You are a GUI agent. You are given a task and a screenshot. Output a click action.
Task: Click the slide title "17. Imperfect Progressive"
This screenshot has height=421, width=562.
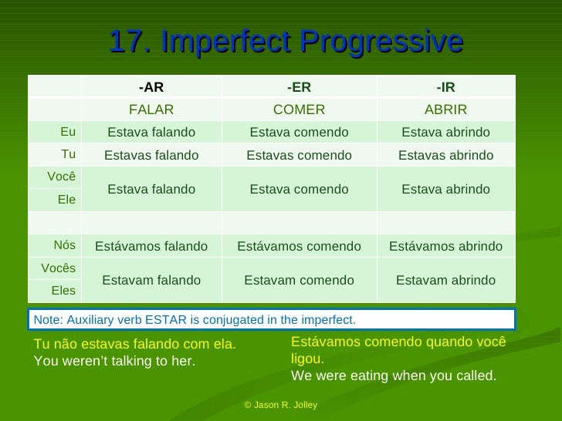tap(286, 42)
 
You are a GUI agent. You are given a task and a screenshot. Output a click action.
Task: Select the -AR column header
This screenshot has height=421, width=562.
tap(151, 87)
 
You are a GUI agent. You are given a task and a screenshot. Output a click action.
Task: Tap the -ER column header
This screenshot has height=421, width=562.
tap(299, 87)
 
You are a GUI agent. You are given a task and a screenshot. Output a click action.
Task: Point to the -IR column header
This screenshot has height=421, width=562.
tap(445, 87)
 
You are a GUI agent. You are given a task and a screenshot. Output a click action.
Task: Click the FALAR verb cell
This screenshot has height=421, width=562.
tap(151, 109)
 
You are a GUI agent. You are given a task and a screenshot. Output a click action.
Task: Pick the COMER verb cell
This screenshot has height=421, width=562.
tap(299, 109)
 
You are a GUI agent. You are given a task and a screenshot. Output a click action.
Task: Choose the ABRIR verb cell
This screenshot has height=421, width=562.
tap(445, 109)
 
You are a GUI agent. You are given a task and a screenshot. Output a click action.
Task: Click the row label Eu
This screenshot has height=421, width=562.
tap(68, 132)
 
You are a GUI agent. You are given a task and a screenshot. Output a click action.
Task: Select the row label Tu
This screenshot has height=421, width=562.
tap(68, 154)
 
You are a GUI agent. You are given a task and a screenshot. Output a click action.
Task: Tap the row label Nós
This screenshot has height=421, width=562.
tap(65, 245)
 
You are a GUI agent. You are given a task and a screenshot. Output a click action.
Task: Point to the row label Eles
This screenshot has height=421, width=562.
tap(63, 291)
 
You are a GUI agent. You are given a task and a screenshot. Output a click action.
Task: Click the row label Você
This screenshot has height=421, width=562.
tap(61, 176)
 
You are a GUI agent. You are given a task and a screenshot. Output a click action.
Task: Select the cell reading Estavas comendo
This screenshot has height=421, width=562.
tap(299, 155)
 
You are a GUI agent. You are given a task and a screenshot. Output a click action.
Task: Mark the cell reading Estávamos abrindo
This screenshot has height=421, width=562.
tap(445, 246)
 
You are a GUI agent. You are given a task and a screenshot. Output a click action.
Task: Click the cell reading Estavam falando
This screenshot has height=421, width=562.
tap(151, 280)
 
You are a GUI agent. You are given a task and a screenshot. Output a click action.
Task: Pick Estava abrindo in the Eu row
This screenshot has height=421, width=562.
tap(445, 133)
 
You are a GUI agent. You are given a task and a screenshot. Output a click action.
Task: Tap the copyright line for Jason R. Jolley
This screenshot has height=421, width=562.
tap(280, 405)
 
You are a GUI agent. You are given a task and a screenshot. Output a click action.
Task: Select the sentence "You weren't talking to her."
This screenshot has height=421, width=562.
tap(115, 360)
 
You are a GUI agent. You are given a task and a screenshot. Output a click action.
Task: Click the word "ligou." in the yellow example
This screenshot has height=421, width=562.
tap(307, 359)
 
